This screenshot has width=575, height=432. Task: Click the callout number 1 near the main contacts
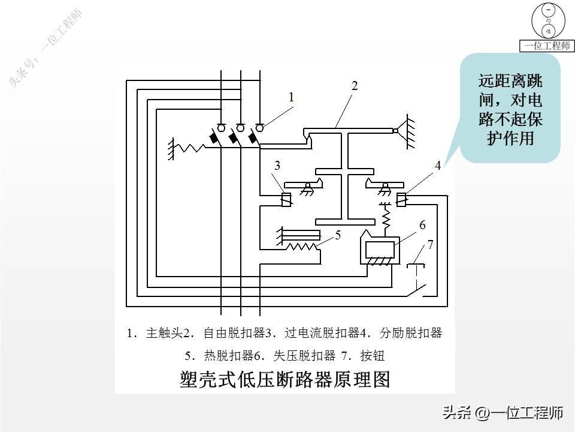(x=291, y=97)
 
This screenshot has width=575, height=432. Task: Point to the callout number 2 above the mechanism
(x=354, y=86)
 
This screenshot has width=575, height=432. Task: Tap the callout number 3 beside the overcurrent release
(x=277, y=166)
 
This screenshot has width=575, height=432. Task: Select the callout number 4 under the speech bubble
(x=437, y=166)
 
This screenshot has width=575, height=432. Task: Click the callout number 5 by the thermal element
(x=338, y=235)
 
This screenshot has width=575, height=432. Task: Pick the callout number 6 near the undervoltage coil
(x=422, y=225)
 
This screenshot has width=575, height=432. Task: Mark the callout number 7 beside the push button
(x=430, y=244)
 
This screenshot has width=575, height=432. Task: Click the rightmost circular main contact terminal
(x=259, y=127)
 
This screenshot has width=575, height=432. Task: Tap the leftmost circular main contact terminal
(x=221, y=127)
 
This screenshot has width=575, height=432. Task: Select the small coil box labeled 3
(x=286, y=200)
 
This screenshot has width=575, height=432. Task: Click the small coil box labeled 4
(x=401, y=199)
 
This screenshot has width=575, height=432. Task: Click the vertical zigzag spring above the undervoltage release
(x=386, y=217)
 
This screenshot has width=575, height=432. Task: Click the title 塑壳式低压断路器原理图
(x=285, y=379)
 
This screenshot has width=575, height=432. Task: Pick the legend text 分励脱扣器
(x=411, y=333)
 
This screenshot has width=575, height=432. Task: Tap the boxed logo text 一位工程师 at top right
(x=547, y=46)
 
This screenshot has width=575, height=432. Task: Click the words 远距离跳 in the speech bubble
(x=510, y=81)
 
